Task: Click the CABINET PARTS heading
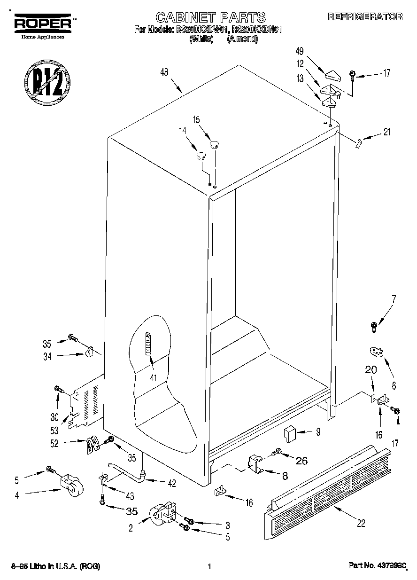point(210,18)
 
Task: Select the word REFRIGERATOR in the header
point(365,17)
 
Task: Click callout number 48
point(164,72)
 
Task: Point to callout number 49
point(300,51)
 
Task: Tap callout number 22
point(361,523)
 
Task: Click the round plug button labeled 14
point(201,155)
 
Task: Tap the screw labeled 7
point(374,325)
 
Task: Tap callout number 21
point(386,133)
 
